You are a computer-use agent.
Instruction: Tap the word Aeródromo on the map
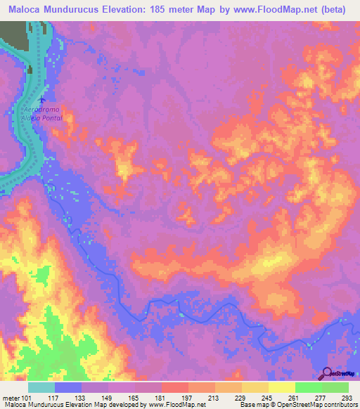pos(44,111)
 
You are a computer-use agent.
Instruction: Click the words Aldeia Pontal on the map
pos(44,118)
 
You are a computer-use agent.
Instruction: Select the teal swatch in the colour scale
pos(41,388)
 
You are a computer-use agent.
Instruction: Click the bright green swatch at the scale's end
pos(335,388)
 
